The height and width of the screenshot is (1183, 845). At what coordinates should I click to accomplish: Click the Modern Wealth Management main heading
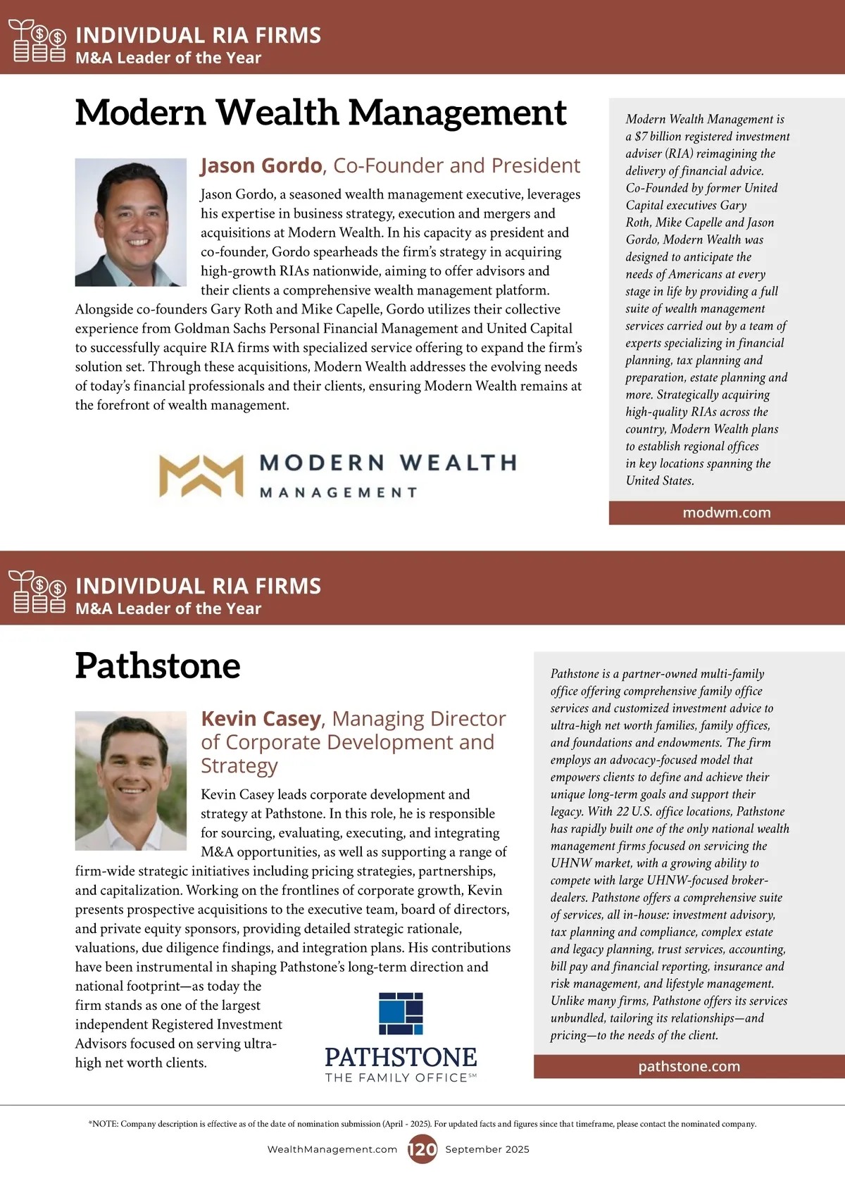tap(320, 113)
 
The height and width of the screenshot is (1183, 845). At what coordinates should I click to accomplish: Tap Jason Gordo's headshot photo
tap(131, 222)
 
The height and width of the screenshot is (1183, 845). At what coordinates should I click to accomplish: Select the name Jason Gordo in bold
tap(261, 165)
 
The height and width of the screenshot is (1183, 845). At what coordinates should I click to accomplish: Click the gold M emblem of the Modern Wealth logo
tap(201, 476)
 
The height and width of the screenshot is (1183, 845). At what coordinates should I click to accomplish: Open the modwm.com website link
tap(727, 513)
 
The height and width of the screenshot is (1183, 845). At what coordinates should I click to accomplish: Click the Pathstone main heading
tap(158, 665)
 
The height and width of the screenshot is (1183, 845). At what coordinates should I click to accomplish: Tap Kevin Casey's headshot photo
tap(131, 780)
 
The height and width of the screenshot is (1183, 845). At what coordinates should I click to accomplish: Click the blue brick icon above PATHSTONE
tap(401, 1013)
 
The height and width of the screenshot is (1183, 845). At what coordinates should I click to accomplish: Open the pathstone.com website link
tap(689, 1067)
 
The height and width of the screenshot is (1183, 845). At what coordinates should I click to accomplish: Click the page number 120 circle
tap(423, 1149)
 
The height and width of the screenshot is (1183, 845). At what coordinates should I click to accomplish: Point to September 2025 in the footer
tap(487, 1149)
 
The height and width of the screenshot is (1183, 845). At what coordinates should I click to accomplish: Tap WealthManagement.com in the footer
tap(332, 1149)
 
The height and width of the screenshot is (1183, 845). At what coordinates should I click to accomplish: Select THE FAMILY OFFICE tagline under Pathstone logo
tap(396, 1078)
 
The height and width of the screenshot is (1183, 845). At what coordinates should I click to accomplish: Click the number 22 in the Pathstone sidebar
tap(622, 811)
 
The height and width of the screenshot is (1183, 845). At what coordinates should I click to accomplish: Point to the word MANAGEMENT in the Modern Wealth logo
tap(339, 492)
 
